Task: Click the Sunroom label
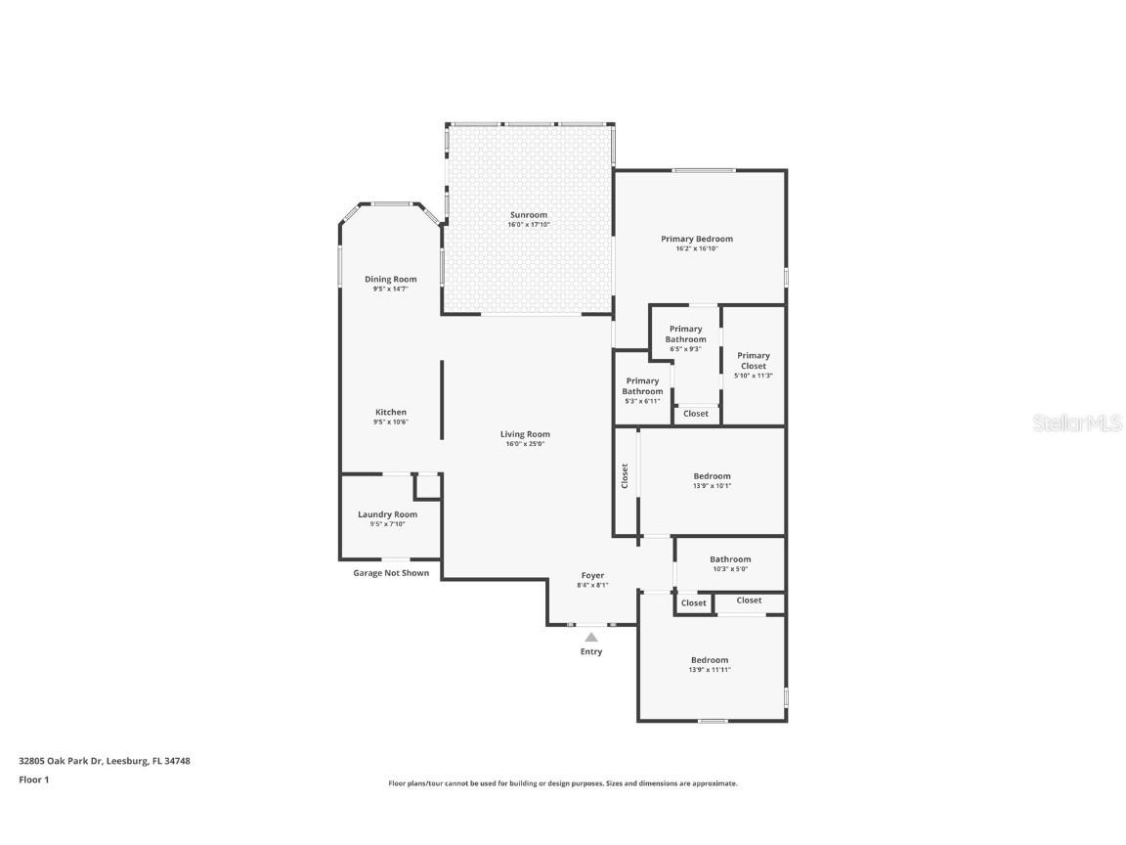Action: click(x=528, y=215)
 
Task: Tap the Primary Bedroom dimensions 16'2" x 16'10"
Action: click(x=696, y=248)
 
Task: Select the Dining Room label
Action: click(x=391, y=280)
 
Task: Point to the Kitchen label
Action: click(x=391, y=413)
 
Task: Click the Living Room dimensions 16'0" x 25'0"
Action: click(x=525, y=444)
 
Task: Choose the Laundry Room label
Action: click(x=387, y=514)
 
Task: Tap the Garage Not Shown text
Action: click(x=391, y=573)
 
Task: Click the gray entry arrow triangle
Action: click(x=591, y=637)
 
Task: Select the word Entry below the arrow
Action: click(x=591, y=651)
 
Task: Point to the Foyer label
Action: click(x=592, y=576)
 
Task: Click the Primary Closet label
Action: click(x=754, y=361)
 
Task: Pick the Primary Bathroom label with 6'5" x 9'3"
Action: click(x=686, y=334)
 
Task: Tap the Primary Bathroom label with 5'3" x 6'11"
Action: click(x=642, y=386)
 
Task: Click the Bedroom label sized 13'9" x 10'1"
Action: click(x=712, y=476)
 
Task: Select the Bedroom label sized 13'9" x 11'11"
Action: click(x=710, y=660)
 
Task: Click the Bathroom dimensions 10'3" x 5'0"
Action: click(x=730, y=569)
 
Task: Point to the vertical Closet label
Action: click(x=625, y=476)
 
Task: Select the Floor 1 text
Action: click(x=33, y=779)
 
